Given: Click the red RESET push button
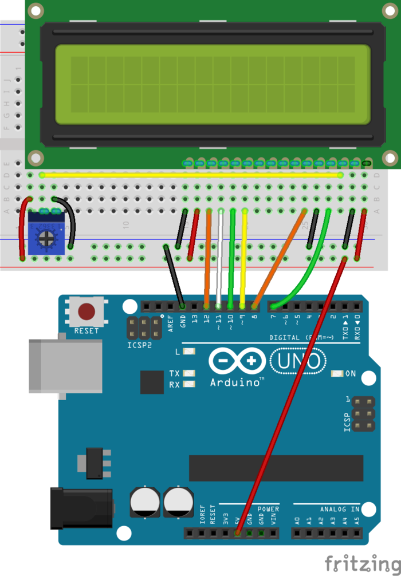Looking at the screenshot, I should coord(87,312).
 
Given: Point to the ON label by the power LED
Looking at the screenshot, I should coord(351,374).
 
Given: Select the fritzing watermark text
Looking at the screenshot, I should coord(362,562).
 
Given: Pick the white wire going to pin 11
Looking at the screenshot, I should coord(219,258).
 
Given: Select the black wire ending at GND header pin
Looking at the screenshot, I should coord(174,275).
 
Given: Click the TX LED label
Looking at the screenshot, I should coord(174,374).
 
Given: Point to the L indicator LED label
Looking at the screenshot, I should coord(178,352).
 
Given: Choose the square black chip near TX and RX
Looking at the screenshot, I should coord(152,382).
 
